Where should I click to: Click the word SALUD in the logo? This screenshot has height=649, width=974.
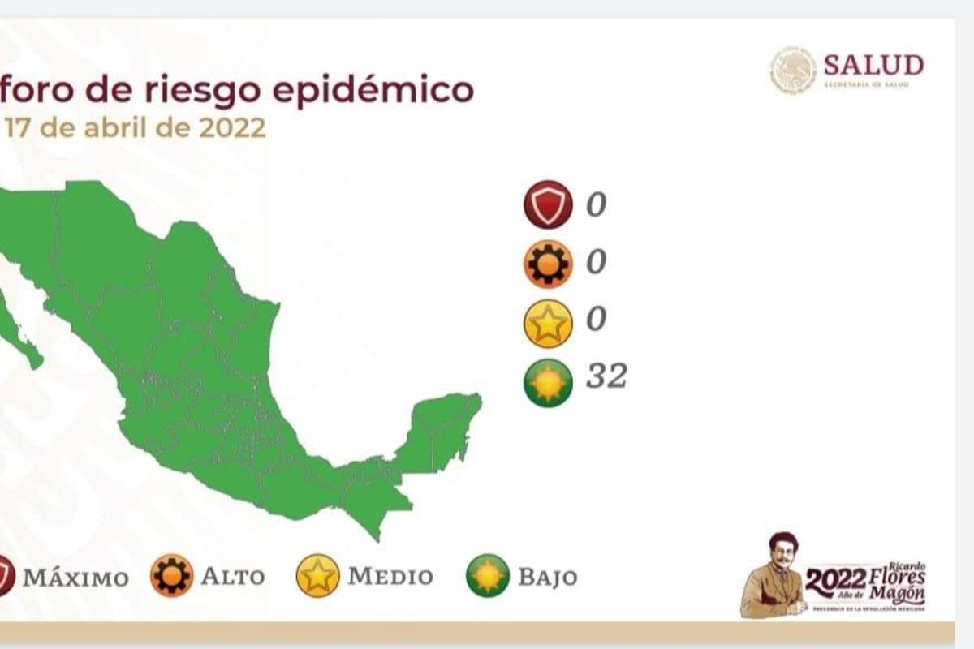(x=873, y=65)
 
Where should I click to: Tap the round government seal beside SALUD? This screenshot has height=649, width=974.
(x=793, y=70)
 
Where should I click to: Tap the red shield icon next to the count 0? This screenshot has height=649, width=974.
(x=548, y=204)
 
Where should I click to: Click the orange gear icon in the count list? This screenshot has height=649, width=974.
(x=548, y=264)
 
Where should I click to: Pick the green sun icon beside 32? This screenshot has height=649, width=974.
(x=548, y=382)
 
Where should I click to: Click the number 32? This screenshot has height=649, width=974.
(x=606, y=376)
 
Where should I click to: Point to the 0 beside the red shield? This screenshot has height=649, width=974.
(x=596, y=204)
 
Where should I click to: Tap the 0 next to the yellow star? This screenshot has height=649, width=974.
(x=596, y=320)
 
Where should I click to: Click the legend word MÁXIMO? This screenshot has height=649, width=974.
(x=75, y=578)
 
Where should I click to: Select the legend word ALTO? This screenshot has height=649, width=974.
(x=232, y=577)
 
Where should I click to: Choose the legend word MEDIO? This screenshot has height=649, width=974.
(x=390, y=576)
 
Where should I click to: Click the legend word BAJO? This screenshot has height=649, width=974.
(x=548, y=577)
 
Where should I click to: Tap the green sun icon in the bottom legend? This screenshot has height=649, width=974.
(x=488, y=576)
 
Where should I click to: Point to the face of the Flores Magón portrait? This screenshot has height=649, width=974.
(x=782, y=553)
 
